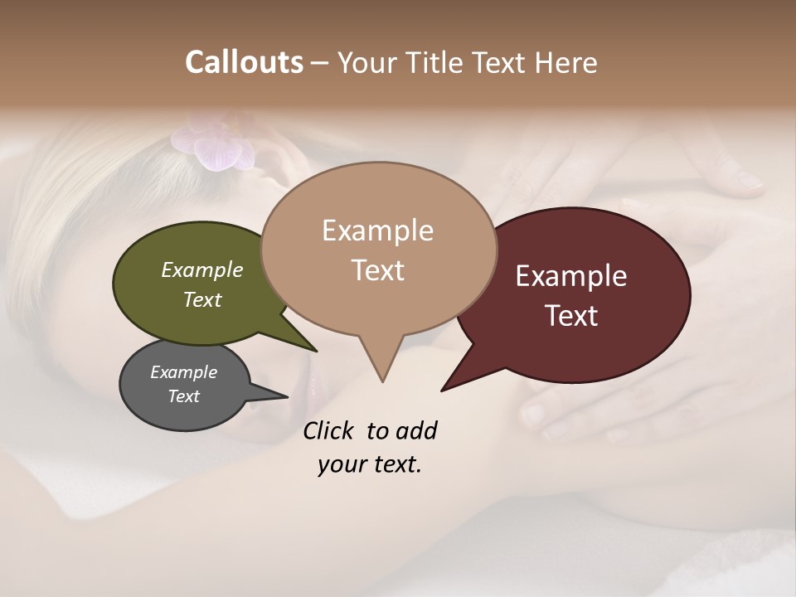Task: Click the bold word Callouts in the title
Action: coord(244,62)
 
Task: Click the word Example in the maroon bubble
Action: coord(571,276)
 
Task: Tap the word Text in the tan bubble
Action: coord(378,270)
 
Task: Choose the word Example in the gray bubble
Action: coord(184,372)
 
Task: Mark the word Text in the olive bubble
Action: coord(202,299)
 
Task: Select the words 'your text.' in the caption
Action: coord(370,464)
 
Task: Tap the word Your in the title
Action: coord(371,62)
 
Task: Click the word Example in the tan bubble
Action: coord(378,231)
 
